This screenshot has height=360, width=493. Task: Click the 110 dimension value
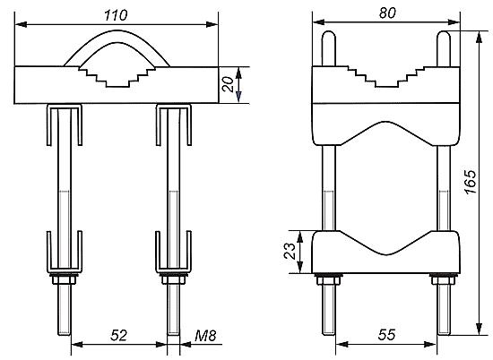(x=116, y=15)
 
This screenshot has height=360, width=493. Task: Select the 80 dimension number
(x=387, y=13)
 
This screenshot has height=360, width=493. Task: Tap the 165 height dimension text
(x=471, y=182)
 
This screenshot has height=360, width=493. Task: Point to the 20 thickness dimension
(x=228, y=84)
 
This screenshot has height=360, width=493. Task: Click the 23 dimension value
(x=290, y=251)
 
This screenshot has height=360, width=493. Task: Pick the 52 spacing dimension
(x=118, y=336)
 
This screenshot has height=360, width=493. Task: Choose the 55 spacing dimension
(x=386, y=335)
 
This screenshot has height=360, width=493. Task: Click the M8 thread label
(x=205, y=336)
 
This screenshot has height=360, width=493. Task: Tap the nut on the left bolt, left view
(x=65, y=279)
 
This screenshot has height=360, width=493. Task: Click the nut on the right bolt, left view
(x=173, y=279)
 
